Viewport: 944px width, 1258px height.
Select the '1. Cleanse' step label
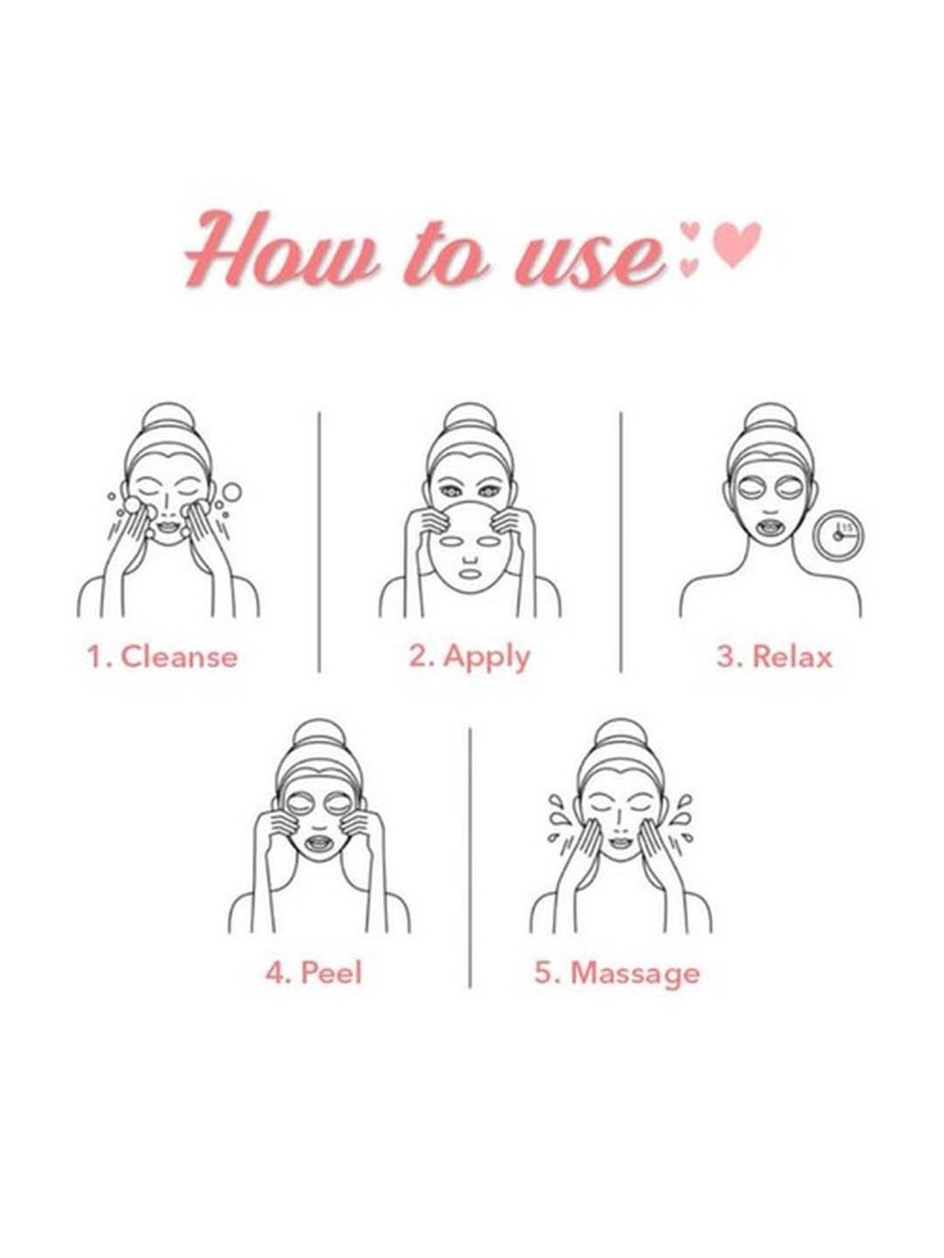162,657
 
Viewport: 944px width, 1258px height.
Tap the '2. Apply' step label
469,658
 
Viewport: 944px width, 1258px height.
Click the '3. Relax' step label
774,657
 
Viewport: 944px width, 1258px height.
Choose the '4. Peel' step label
314,973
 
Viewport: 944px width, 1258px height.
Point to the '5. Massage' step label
617,974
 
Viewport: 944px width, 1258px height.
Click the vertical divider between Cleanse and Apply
319,542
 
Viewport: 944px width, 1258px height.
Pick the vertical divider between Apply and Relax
621,542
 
